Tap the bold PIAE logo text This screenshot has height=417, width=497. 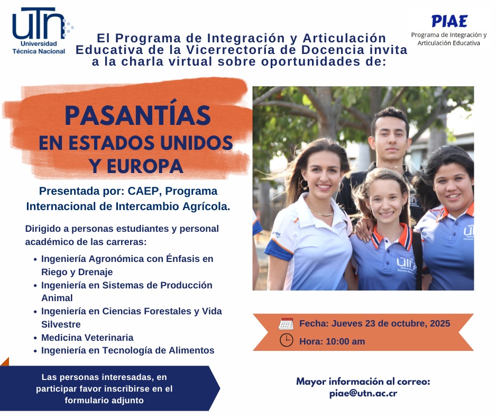tap(449, 21)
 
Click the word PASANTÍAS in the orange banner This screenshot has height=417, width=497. tap(138, 115)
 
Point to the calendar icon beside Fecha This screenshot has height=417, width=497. tap(286, 323)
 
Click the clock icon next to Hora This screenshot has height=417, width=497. tap(286, 340)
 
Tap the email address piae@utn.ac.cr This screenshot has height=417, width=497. tap(363, 394)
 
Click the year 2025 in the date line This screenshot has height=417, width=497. tap(440, 323)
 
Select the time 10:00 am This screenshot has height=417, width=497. tap(345, 341)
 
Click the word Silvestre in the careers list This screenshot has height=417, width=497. tap(61, 324)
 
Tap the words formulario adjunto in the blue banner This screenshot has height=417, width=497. tap(104, 401)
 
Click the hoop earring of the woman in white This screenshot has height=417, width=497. tap(303, 185)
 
